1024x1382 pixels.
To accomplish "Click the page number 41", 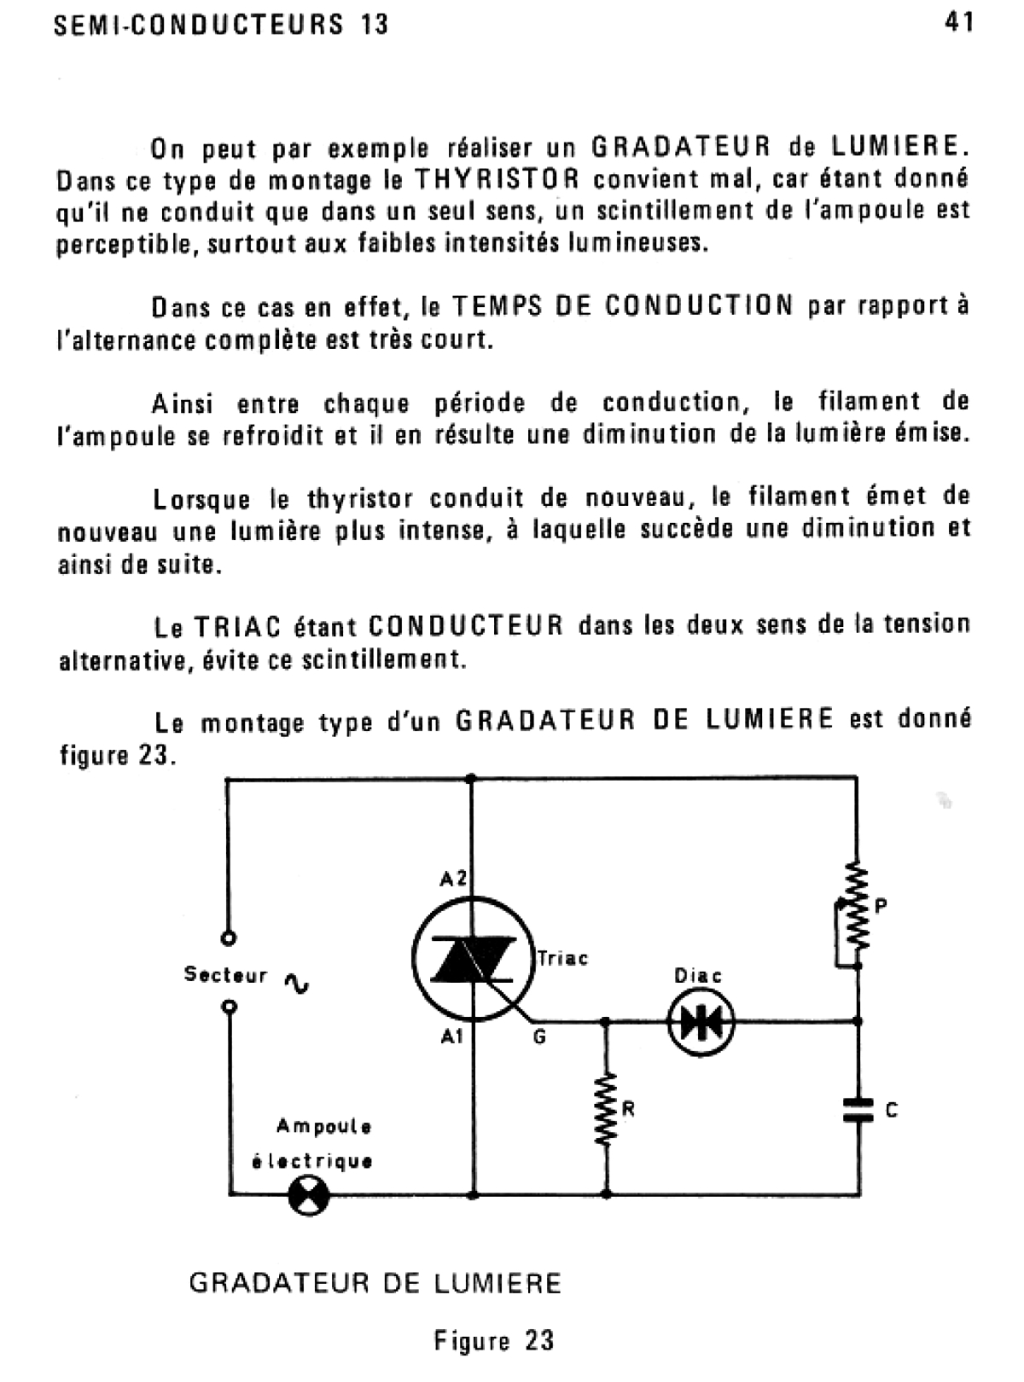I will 959,23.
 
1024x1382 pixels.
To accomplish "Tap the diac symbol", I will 701,1021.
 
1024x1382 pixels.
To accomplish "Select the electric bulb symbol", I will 308,1195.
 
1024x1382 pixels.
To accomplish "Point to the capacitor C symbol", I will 858,1109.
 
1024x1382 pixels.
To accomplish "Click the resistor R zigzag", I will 607,1109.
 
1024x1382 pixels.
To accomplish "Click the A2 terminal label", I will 453,878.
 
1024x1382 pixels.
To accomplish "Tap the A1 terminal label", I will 452,1037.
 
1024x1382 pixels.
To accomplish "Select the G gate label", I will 539,1038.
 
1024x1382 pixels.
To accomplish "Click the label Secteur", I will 225,974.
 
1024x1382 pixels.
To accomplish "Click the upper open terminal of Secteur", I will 228,938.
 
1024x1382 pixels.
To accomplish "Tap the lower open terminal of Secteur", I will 228,1007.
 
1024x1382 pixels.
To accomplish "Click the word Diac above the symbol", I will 697,975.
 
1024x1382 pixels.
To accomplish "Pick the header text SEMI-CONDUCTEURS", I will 199,25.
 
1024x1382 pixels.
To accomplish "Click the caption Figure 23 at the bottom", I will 493,1340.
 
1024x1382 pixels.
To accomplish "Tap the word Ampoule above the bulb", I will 323,1126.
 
